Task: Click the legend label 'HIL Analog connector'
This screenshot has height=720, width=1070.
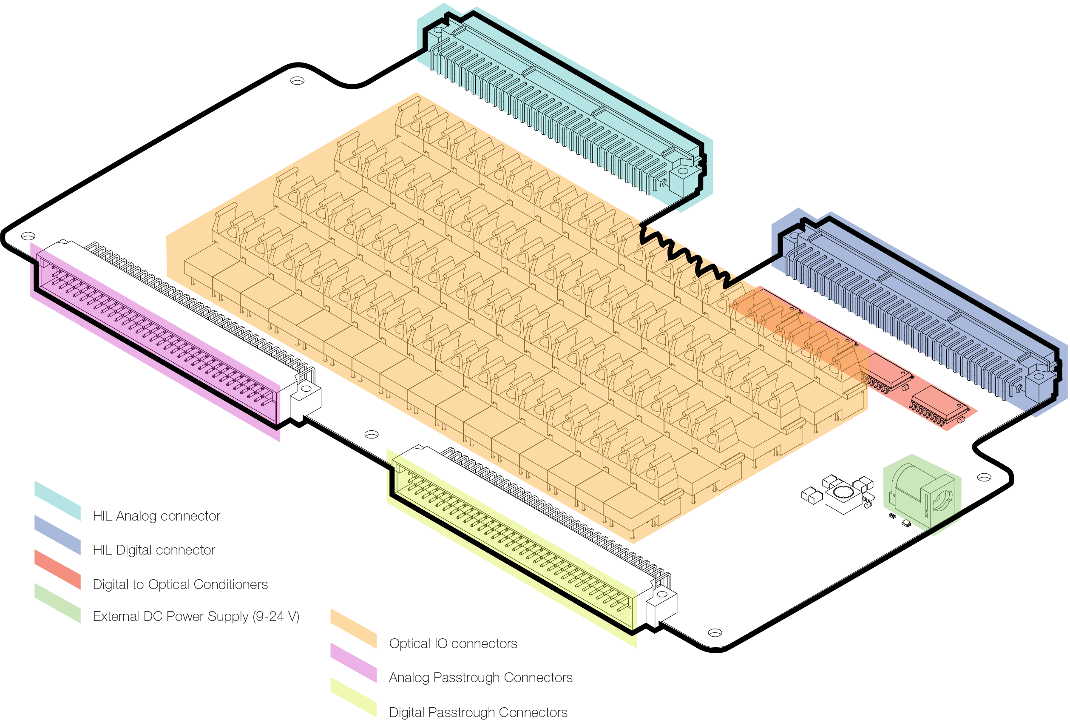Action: coord(156,516)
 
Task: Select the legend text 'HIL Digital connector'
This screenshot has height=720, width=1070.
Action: coord(154,550)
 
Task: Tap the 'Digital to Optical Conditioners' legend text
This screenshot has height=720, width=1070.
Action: coord(180,584)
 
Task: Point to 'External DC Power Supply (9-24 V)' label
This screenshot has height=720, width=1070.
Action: coord(196,616)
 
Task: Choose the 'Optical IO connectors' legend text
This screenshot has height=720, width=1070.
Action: coord(453,644)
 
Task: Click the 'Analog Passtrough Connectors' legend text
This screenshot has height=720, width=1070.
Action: coord(481,678)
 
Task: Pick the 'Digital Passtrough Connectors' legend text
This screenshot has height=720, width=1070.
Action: coord(478,712)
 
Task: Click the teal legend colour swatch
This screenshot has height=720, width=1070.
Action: coord(57,501)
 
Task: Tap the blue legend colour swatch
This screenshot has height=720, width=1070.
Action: coord(57,535)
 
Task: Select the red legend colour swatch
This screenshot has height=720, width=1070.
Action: coord(57,569)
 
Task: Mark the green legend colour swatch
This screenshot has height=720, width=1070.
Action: coord(57,603)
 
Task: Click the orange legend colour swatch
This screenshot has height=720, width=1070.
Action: coord(353,629)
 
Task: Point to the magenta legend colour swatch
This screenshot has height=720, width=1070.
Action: coord(353,663)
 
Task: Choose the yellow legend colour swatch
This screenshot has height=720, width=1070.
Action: coord(353,697)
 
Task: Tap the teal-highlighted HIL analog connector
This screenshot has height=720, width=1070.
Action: coord(565,105)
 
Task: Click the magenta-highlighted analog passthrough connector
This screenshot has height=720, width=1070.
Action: coord(156,340)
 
